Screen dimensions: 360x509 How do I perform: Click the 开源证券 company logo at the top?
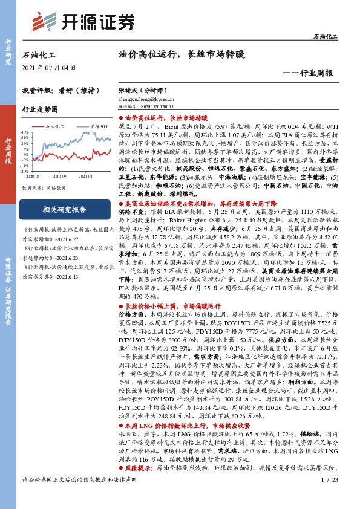pos(82,21)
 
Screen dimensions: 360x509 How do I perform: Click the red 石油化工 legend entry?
pos(54,126)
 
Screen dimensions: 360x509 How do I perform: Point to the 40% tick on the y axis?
pos(24,131)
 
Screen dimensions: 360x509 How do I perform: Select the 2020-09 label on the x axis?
pos(59,177)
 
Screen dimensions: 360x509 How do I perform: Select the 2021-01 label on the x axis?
pos(85,177)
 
